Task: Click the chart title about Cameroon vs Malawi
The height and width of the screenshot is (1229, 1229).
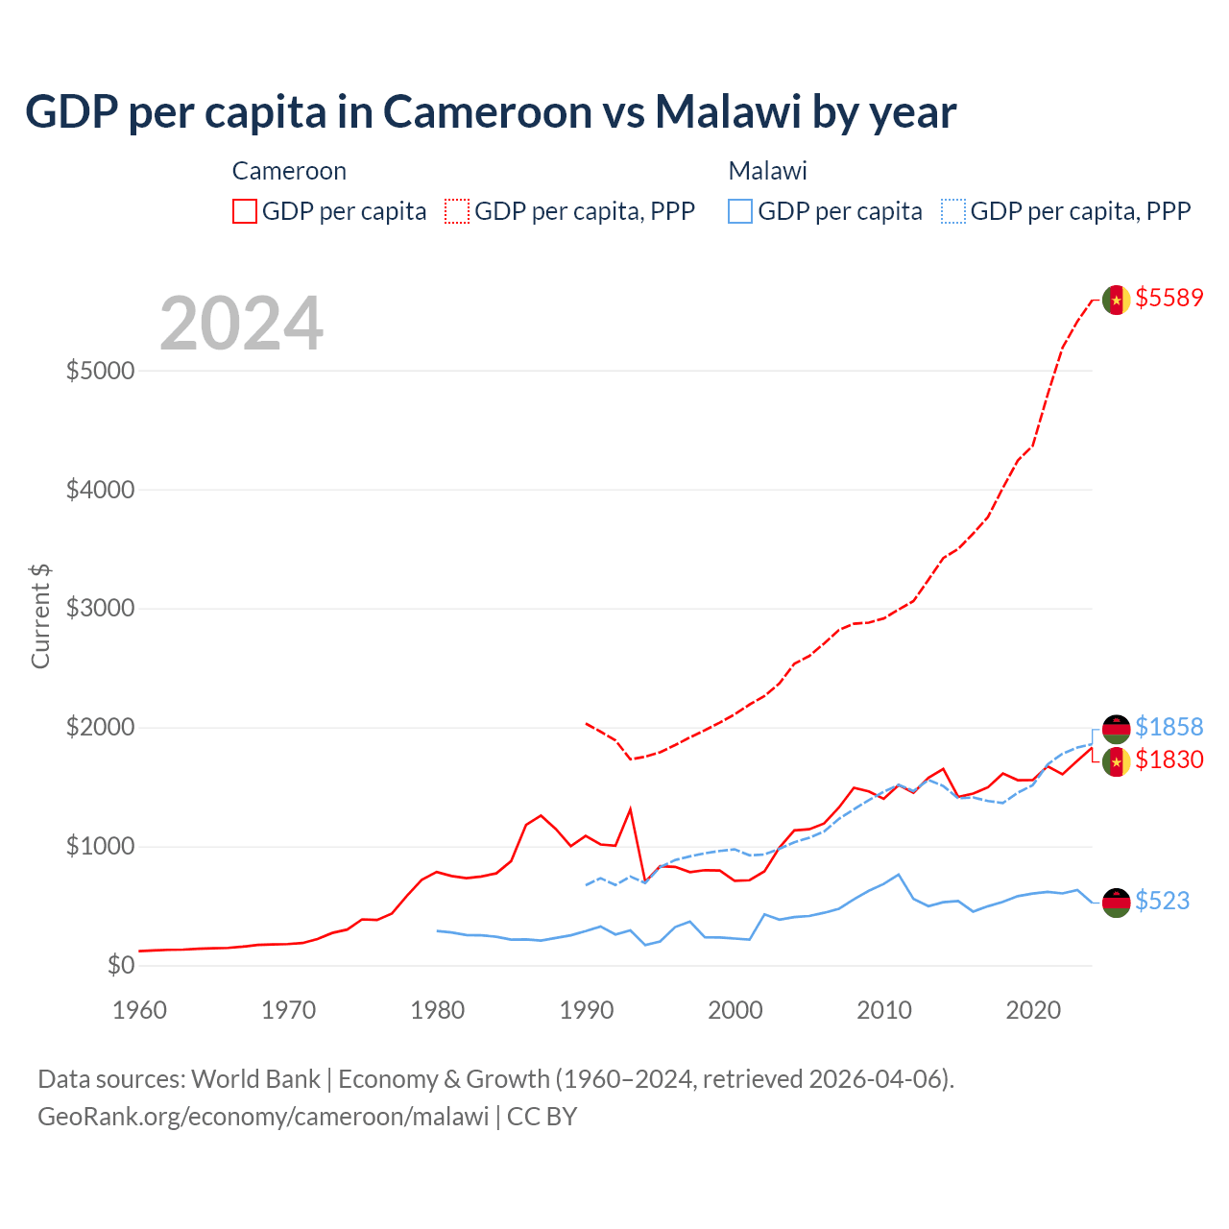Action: click(x=491, y=111)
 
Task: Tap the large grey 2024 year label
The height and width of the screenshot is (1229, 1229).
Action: click(x=241, y=324)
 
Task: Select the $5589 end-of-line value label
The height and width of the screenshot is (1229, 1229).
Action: click(x=1169, y=298)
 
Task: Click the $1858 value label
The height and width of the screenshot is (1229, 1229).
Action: click(x=1169, y=727)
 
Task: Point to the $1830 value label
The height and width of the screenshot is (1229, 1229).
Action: click(x=1169, y=759)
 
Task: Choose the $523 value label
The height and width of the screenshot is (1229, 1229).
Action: click(x=1162, y=901)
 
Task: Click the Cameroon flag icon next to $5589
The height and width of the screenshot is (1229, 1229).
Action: click(x=1116, y=300)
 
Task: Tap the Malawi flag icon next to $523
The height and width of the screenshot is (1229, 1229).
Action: click(x=1116, y=903)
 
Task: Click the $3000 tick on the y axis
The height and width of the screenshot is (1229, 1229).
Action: click(x=100, y=608)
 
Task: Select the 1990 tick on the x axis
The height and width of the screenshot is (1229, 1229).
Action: click(x=586, y=1010)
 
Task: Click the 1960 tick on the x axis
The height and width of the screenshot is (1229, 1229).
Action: click(x=140, y=1010)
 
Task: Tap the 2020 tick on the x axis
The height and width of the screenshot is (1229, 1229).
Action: click(x=1033, y=1010)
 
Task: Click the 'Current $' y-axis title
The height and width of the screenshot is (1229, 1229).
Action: click(x=40, y=615)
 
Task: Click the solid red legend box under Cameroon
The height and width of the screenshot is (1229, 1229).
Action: click(x=245, y=211)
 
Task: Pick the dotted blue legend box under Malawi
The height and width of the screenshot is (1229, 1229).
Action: click(x=953, y=211)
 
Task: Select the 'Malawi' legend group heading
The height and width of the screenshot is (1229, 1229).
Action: click(x=767, y=171)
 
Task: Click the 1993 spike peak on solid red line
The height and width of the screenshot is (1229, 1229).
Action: click(x=631, y=808)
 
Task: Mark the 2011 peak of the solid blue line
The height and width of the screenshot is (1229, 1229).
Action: click(x=899, y=874)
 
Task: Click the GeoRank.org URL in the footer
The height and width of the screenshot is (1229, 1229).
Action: click(x=263, y=1117)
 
